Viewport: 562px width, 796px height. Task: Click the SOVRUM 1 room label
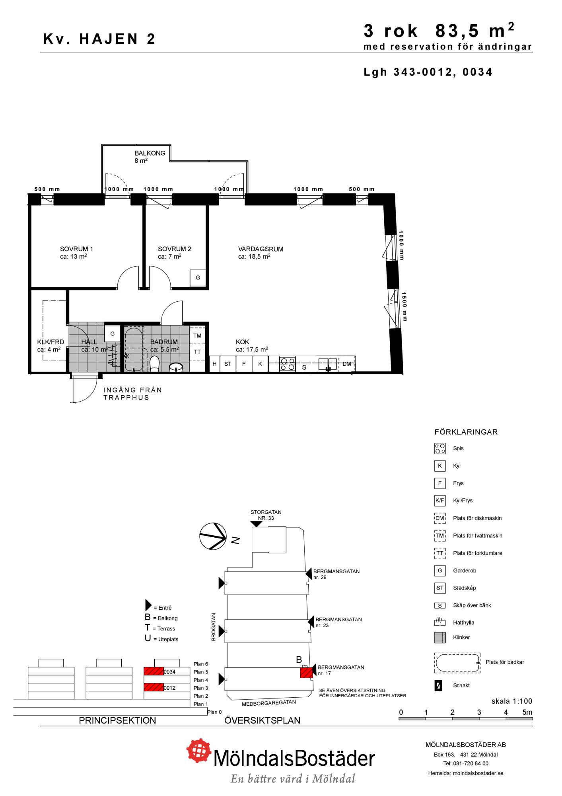tap(76, 249)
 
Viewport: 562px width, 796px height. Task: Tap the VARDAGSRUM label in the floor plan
tap(261, 249)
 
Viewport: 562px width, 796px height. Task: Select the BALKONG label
tap(150, 153)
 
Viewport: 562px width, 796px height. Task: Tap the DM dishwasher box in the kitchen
tap(347, 364)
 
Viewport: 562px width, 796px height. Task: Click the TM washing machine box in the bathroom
tap(197, 336)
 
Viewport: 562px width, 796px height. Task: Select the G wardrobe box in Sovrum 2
tap(198, 278)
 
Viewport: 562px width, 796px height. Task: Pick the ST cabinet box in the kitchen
tap(228, 364)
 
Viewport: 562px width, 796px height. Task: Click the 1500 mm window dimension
tap(404, 306)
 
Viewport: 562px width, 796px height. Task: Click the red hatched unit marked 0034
tap(154, 672)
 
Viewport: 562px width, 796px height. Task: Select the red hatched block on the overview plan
tap(306, 673)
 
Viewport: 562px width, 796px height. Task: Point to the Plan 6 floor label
tap(201, 664)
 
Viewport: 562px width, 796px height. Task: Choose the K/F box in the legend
tap(440, 500)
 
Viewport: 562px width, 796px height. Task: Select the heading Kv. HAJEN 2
tap(99, 39)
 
